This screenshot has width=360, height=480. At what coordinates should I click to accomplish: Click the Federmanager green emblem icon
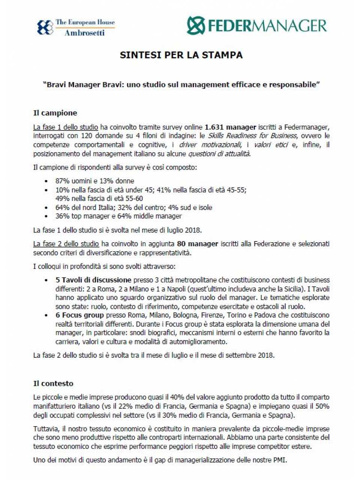click(196, 25)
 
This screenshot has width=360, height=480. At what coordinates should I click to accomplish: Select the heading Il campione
click(55, 113)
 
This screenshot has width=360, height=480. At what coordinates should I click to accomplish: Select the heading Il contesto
click(53, 383)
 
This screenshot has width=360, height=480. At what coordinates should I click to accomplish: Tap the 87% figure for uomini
click(62, 181)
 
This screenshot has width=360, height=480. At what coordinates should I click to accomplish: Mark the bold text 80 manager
click(198, 244)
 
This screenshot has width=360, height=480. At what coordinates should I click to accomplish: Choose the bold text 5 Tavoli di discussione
click(93, 280)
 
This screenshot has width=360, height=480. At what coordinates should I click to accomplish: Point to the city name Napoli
click(175, 289)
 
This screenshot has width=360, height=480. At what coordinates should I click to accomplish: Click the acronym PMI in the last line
click(280, 460)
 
